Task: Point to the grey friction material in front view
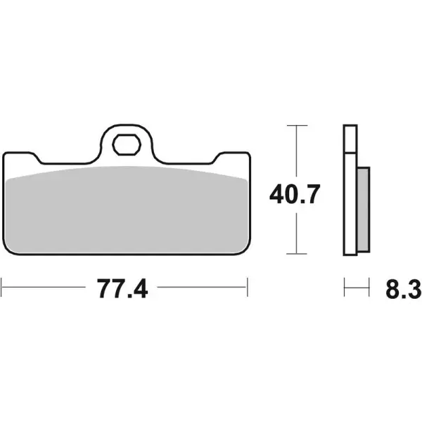127,211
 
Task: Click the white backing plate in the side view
349,190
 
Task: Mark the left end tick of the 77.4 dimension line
3,287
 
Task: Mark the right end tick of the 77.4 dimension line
248,287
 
